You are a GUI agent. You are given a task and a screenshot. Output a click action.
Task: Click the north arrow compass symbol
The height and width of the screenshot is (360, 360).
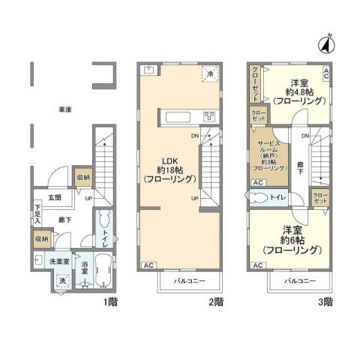point(326,44)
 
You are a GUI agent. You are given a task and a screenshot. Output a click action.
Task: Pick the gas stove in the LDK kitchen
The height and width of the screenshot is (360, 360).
point(208,116)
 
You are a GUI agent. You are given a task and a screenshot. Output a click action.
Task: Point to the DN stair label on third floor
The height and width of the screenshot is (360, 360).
point(305,136)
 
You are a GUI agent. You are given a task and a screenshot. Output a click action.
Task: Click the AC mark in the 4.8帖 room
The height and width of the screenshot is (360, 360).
point(326,73)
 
